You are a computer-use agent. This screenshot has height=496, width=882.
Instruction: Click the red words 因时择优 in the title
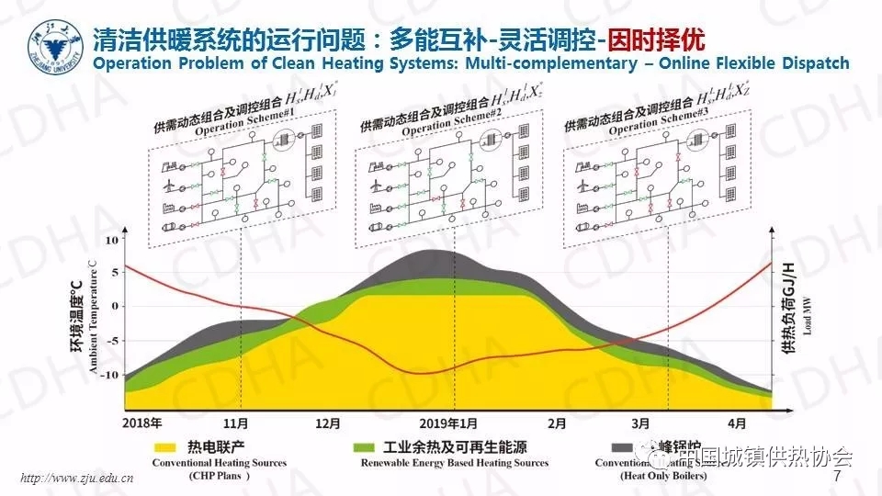664,39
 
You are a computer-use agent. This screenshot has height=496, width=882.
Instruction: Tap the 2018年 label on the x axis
141,424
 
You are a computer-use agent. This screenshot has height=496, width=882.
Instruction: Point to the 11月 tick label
236,424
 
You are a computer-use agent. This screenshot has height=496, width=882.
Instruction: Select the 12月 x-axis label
327,424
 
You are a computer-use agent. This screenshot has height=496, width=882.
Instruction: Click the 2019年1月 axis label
448,424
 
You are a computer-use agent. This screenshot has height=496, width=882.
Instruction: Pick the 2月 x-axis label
557,424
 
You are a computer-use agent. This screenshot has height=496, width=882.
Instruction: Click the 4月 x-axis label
738,424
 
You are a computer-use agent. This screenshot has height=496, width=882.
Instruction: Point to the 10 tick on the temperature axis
114,240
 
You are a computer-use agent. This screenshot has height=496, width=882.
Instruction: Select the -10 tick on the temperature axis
111,375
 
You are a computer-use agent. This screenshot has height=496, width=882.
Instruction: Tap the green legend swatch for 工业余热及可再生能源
366,447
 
